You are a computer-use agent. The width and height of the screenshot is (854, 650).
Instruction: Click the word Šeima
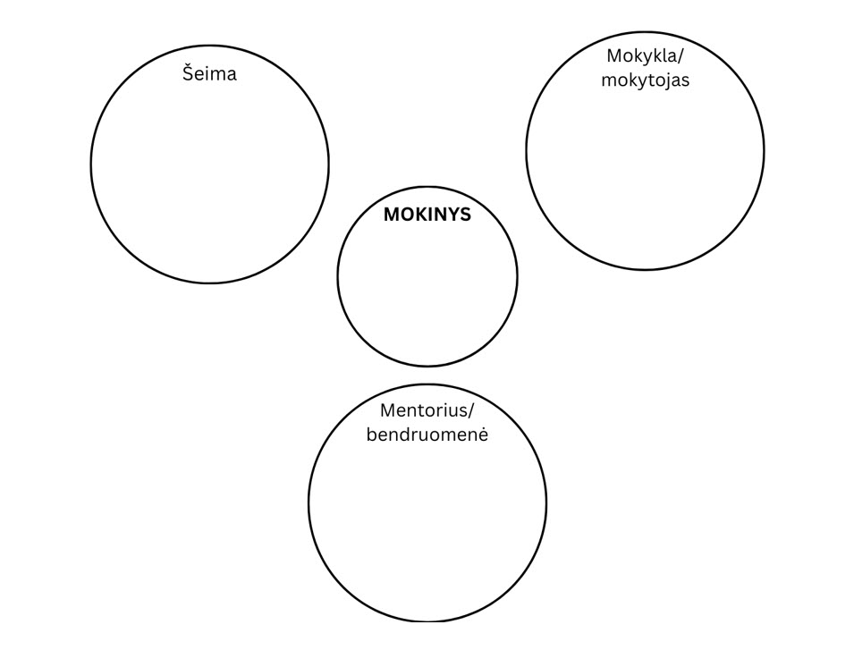coord(209,73)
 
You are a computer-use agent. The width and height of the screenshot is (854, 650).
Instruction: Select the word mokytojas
coord(645,80)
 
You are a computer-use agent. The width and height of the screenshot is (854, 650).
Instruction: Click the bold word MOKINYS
coord(427,215)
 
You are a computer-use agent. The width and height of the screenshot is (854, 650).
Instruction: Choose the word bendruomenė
coord(427,435)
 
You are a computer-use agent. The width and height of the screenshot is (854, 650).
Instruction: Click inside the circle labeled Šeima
coord(209,179)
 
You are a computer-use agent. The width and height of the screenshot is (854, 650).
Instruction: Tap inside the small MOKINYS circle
coord(427,286)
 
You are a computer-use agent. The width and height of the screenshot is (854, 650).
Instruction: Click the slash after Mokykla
coord(681,55)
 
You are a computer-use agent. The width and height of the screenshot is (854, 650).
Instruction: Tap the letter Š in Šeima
coord(189,72)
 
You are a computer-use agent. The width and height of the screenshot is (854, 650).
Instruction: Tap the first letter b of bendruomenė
coord(371,435)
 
